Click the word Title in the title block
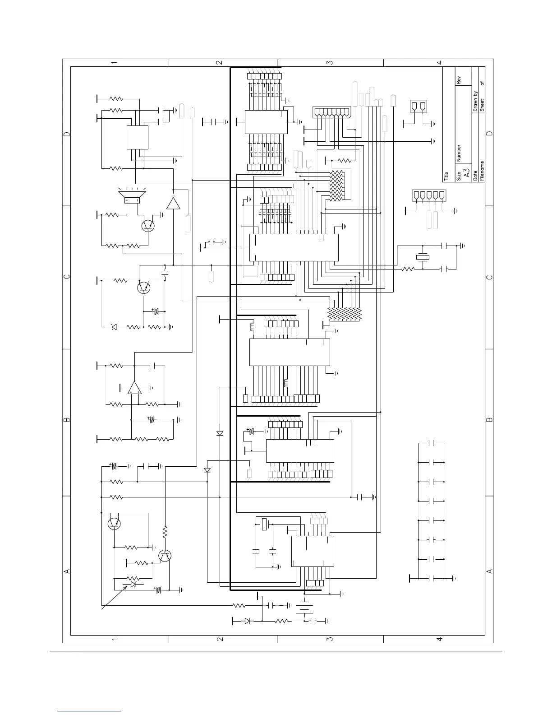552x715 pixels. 446,176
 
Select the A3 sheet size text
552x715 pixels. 467,173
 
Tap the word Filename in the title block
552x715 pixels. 482,171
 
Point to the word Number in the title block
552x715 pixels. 459,153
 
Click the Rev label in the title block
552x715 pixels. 459,80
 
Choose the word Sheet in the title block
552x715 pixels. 482,105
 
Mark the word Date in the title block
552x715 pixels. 475,176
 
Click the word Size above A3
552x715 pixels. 459,176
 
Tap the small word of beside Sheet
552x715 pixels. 482,84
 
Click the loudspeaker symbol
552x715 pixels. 132,196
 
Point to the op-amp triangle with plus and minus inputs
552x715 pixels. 134,388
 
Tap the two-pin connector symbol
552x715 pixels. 419,107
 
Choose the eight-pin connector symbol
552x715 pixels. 332,112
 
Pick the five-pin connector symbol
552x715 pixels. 429,195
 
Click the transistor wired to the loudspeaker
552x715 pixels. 148,226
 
